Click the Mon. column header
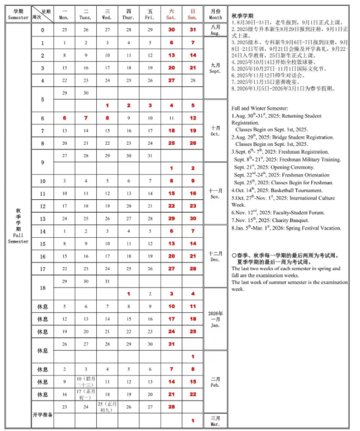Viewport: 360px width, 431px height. (x=65, y=14)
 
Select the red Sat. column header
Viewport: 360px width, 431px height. (x=171, y=14)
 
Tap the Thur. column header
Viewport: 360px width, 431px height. (x=129, y=14)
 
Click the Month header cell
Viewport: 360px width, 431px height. (x=216, y=14)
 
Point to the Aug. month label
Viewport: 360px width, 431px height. (x=216, y=30)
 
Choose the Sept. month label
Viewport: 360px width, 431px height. (x=215, y=68)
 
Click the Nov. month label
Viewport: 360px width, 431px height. (x=216, y=193)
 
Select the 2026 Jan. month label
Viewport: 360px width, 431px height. (x=216, y=319)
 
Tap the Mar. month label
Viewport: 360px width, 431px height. (x=216, y=420)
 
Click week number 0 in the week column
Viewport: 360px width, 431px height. (x=43, y=30)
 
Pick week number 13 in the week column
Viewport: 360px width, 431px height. (x=43, y=218)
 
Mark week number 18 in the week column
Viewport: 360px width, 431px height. (x=43, y=287)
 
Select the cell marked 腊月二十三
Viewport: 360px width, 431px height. (x=86, y=382)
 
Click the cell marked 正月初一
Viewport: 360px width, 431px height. (x=86, y=395)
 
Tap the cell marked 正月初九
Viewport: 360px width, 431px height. (x=107, y=407)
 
